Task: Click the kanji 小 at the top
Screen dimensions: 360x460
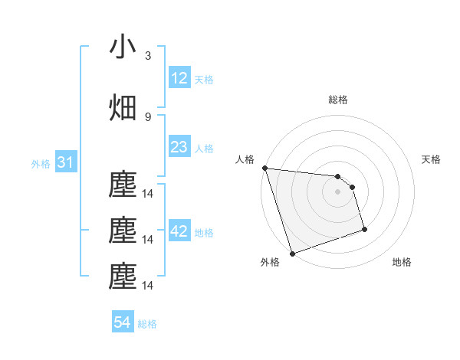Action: click(x=123, y=47)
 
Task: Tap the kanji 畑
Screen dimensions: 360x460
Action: click(x=123, y=108)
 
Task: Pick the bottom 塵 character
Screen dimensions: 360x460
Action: click(x=123, y=277)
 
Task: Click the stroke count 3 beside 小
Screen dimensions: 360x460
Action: click(x=148, y=56)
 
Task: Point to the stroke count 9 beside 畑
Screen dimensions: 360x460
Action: click(x=148, y=116)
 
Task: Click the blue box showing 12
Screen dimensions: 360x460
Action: click(x=179, y=78)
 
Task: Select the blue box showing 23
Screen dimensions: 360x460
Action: click(x=179, y=148)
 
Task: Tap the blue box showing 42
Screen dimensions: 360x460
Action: click(x=179, y=231)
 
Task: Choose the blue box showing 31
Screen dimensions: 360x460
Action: click(x=65, y=162)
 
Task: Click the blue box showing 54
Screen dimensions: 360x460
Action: click(x=123, y=322)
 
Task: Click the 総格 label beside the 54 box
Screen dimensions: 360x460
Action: click(x=148, y=324)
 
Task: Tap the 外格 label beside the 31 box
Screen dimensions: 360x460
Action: click(x=40, y=164)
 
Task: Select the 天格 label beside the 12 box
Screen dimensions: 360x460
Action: click(x=204, y=80)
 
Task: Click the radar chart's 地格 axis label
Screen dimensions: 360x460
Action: click(x=402, y=263)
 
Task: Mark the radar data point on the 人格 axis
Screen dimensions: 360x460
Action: click(x=264, y=168)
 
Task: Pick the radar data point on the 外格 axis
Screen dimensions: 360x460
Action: click(x=291, y=252)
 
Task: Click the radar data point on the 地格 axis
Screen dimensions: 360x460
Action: click(x=364, y=229)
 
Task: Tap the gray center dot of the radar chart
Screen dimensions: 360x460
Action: click(x=337, y=191)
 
